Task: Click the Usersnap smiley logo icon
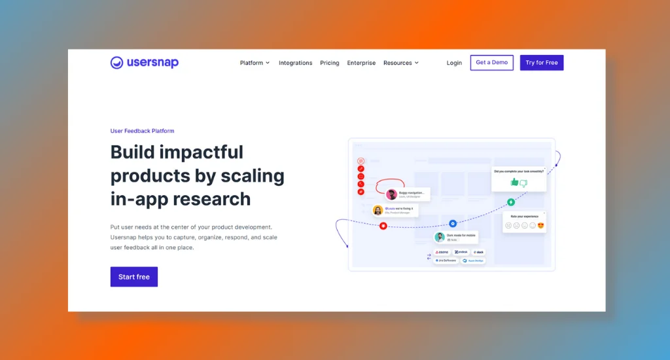pyautogui.click(x=116, y=63)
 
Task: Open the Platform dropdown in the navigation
pyautogui.click(x=255, y=63)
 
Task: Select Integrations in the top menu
pyautogui.click(x=295, y=63)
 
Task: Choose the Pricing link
pyautogui.click(x=330, y=63)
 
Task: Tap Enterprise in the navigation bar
pyautogui.click(x=361, y=63)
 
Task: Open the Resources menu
pyautogui.click(x=400, y=63)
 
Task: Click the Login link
pyautogui.click(x=454, y=63)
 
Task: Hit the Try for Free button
pyautogui.click(x=542, y=63)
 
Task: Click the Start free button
pyautogui.click(x=134, y=277)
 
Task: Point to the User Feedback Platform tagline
pyautogui.click(x=142, y=131)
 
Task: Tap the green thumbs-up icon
pyautogui.click(x=514, y=183)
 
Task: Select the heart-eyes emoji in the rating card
pyautogui.click(x=541, y=226)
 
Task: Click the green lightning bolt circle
pyautogui.click(x=511, y=202)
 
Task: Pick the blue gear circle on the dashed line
pyautogui.click(x=453, y=223)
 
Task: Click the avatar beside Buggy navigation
pyautogui.click(x=391, y=194)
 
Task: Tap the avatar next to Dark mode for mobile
pyautogui.click(x=440, y=237)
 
